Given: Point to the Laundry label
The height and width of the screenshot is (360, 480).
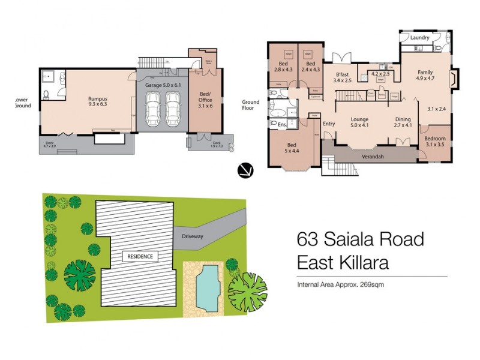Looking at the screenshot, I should tap(420, 38).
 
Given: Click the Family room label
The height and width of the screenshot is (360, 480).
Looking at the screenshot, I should tap(425, 75).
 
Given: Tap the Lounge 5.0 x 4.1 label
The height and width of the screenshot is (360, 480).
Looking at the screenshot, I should tap(359, 122).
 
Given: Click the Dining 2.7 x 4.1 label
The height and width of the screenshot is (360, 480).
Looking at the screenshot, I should tap(403, 122).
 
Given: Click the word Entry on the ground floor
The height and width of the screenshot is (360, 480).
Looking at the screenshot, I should tap(329, 124).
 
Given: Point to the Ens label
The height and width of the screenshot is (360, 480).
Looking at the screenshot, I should tap(281, 125).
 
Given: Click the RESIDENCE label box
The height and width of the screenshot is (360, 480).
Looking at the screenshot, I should tap(140, 256).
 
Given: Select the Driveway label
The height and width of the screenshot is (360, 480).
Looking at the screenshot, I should tap(193, 236).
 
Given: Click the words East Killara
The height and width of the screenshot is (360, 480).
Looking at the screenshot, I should tap(343, 262).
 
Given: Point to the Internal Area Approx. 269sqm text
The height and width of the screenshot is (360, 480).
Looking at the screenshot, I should tap(340, 284).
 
